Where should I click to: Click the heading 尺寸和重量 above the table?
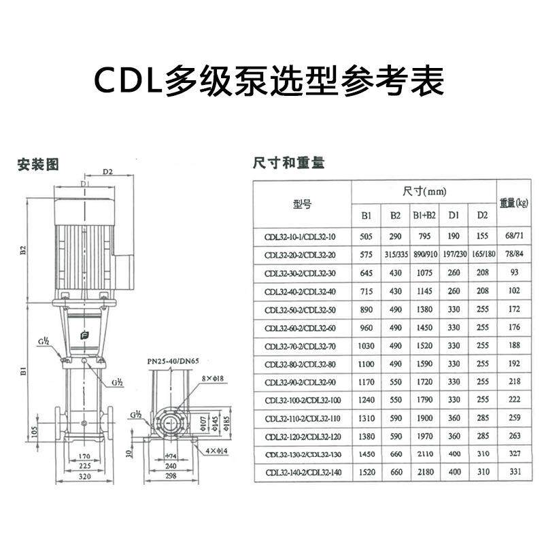(288, 163)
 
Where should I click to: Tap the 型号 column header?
(301, 203)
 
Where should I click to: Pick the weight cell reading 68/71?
(514, 236)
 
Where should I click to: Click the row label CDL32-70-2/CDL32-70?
(301, 345)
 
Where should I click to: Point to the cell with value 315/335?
(395, 254)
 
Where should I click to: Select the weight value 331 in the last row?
(514, 473)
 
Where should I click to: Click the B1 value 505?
(366, 236)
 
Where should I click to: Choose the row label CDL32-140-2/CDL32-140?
(301, 473)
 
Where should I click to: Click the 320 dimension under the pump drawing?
(84, 477)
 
